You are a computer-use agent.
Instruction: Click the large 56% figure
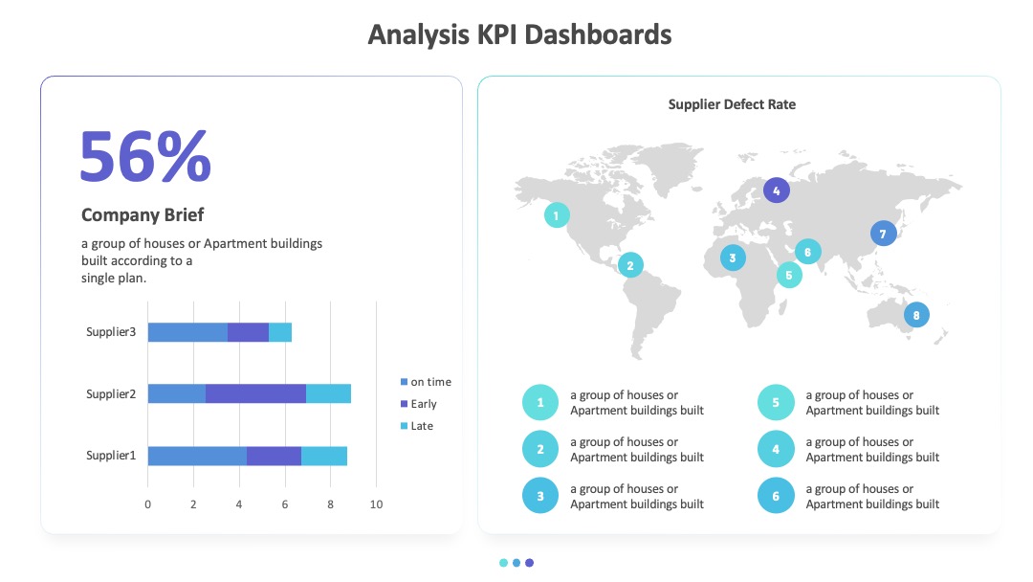click(x=145, y=156)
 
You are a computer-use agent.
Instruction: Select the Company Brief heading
click(x=143, y=214)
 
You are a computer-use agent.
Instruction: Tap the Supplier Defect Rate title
click(x=732, y=104)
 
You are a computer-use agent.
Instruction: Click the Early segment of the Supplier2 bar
click(x=255, y=393)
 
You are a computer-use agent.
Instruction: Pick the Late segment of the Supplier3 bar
click(x=280, y=332)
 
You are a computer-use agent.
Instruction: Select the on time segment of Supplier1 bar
click(x=197, y=456)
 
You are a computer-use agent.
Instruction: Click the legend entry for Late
click(x=416, y=426)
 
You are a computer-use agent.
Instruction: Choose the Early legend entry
click(x=418, y=404)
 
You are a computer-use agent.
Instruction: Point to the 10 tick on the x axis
click(x=376, y=504)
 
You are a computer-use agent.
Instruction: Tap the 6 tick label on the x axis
click(x=285, y=504)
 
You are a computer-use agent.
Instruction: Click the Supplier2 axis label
click(x=111, y=394)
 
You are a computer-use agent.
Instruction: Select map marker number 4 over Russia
click(x=776, y=190)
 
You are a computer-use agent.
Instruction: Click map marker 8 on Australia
click(x=915, y=315)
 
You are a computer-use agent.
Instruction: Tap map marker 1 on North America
click(x=557, y=215)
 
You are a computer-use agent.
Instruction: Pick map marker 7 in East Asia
click(x=883, y=234)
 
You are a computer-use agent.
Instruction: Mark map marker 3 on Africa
click(x=733, y=257)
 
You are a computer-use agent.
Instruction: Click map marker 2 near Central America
click(x=630, y=265)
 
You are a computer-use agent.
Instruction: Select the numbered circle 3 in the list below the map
click(x=540, y=496)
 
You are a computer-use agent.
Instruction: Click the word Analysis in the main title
click(x=418, y=34)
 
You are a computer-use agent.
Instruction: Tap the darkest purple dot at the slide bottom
click(x=529, y=563)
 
